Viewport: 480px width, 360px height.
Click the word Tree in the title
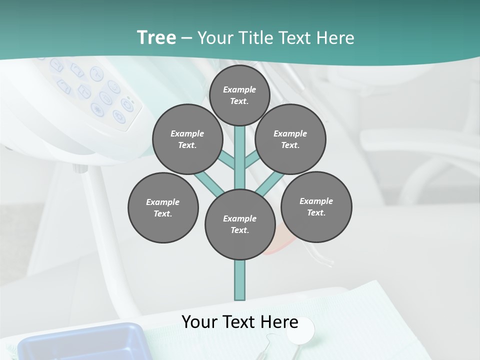pos(156,37)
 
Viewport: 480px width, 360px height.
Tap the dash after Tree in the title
pos(186,38)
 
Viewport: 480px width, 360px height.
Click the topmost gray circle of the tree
pos(239,95)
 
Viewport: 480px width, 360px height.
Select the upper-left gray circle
pos(187,139)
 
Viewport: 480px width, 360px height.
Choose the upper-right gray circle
pos(290,139)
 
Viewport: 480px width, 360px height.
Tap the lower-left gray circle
pos(163,207)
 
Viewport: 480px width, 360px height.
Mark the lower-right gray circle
pos(316,206)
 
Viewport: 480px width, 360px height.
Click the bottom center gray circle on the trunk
pos(240,224)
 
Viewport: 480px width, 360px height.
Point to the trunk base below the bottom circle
pos(240,280)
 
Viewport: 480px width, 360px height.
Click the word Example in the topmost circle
pos(239,89)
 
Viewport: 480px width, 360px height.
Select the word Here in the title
pos(336,38)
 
